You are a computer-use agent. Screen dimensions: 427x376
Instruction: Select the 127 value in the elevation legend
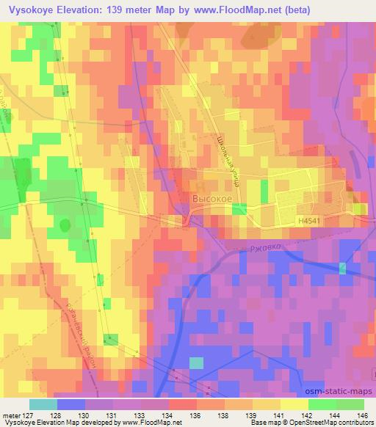36,415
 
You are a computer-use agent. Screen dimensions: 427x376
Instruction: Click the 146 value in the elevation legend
363,415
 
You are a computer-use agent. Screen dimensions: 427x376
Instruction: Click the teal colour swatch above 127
43,404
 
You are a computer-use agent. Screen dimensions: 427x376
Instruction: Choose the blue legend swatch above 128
71,404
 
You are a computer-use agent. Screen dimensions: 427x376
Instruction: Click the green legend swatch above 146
350,404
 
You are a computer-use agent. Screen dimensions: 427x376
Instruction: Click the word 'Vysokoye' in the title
29,11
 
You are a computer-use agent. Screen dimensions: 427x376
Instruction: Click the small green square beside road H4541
239,209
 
